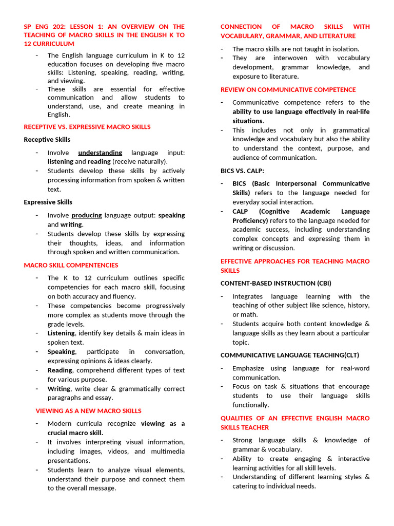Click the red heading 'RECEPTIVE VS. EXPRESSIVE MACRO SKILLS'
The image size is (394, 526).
coord(87,127)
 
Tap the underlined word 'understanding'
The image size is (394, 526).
coord(100,153)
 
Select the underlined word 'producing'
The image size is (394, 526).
coord(86,215)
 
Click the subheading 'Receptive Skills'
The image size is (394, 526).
coord(47,140)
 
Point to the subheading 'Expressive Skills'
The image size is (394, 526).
coord(48,202)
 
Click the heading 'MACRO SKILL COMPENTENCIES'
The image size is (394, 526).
coord(71,266)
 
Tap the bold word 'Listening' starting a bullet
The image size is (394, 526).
coord(61,333)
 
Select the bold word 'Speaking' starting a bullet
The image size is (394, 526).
coord(61,352)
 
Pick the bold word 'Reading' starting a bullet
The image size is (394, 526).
coord(60,370)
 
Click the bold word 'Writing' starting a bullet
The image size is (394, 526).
coord(59,389)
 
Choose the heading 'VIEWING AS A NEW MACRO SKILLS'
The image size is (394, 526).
coord(88,411)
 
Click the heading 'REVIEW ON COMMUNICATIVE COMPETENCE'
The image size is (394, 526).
coord(288,90)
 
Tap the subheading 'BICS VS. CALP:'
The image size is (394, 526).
coord(243,171)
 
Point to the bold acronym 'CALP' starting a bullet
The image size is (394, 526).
coord(241,212)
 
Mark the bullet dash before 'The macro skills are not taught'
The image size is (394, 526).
coord(222,49)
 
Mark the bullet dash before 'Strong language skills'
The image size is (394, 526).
coord(222,441)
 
